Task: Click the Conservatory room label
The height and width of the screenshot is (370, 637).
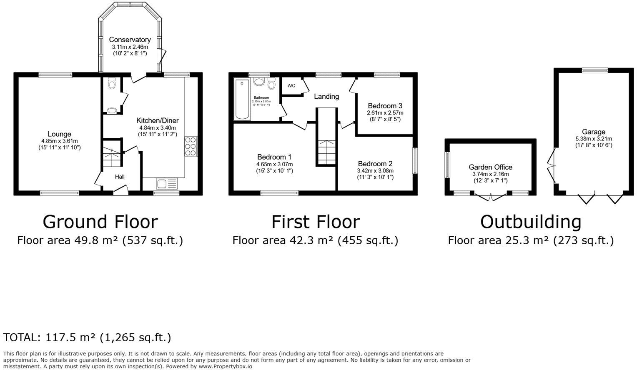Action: click(130, 40)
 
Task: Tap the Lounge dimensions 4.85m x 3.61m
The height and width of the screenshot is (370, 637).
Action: click(59, 141)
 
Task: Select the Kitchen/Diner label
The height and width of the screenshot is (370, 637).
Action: click(157, 120)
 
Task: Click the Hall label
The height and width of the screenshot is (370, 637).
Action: click(120, 177)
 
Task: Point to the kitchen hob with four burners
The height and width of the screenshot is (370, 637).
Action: click(191, 147)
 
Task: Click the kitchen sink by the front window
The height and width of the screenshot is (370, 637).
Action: click(166, 183)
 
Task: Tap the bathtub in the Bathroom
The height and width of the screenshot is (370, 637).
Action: click(242, 99)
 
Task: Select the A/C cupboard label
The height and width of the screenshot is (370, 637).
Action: click(291, 86)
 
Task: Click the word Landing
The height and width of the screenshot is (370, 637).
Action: click(326, 96)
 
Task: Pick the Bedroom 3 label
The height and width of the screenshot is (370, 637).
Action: click(385, 106)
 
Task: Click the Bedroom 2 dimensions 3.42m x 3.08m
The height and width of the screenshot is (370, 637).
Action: click(375, 171)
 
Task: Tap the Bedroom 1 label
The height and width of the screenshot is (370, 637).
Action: click(274, 157)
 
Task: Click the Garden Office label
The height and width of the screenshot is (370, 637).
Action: click(490, 167)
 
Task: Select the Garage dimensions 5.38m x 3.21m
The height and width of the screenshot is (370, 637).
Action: click(593, 139)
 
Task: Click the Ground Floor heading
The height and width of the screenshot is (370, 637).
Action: click(100, 222)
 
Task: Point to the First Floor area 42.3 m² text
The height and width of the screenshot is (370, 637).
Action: click(315, 240)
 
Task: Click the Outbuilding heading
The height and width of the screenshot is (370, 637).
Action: click(530, 222)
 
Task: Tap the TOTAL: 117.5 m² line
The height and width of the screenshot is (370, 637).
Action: click(87, 337)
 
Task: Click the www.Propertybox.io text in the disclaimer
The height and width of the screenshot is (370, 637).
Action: click(225, 367)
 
